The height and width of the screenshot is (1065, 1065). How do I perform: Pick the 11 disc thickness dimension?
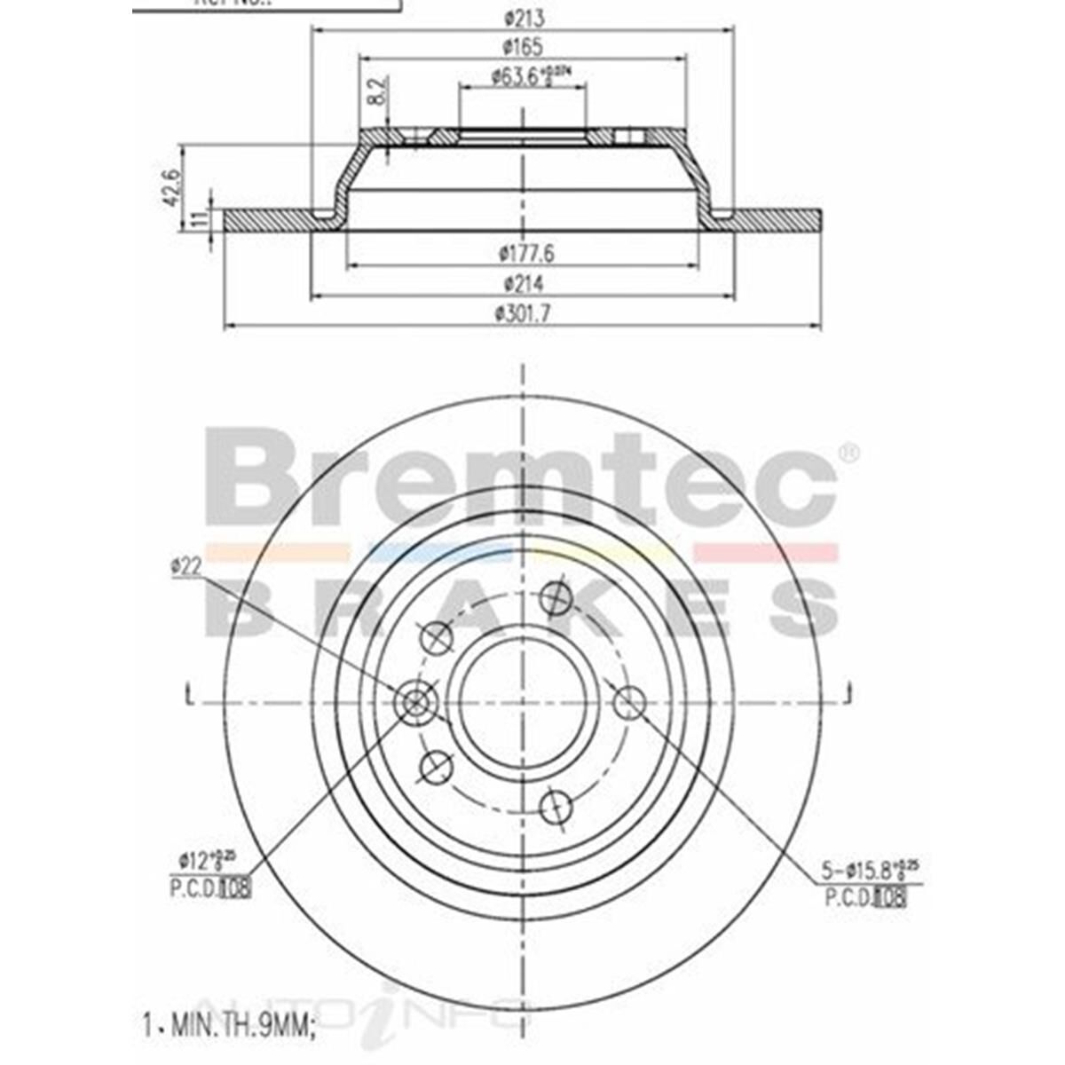tap(198, 219)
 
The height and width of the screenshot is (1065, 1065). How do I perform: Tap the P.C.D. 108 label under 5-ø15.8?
tap(865, 899)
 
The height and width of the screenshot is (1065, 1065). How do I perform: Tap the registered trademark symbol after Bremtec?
tap(848, 453)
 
